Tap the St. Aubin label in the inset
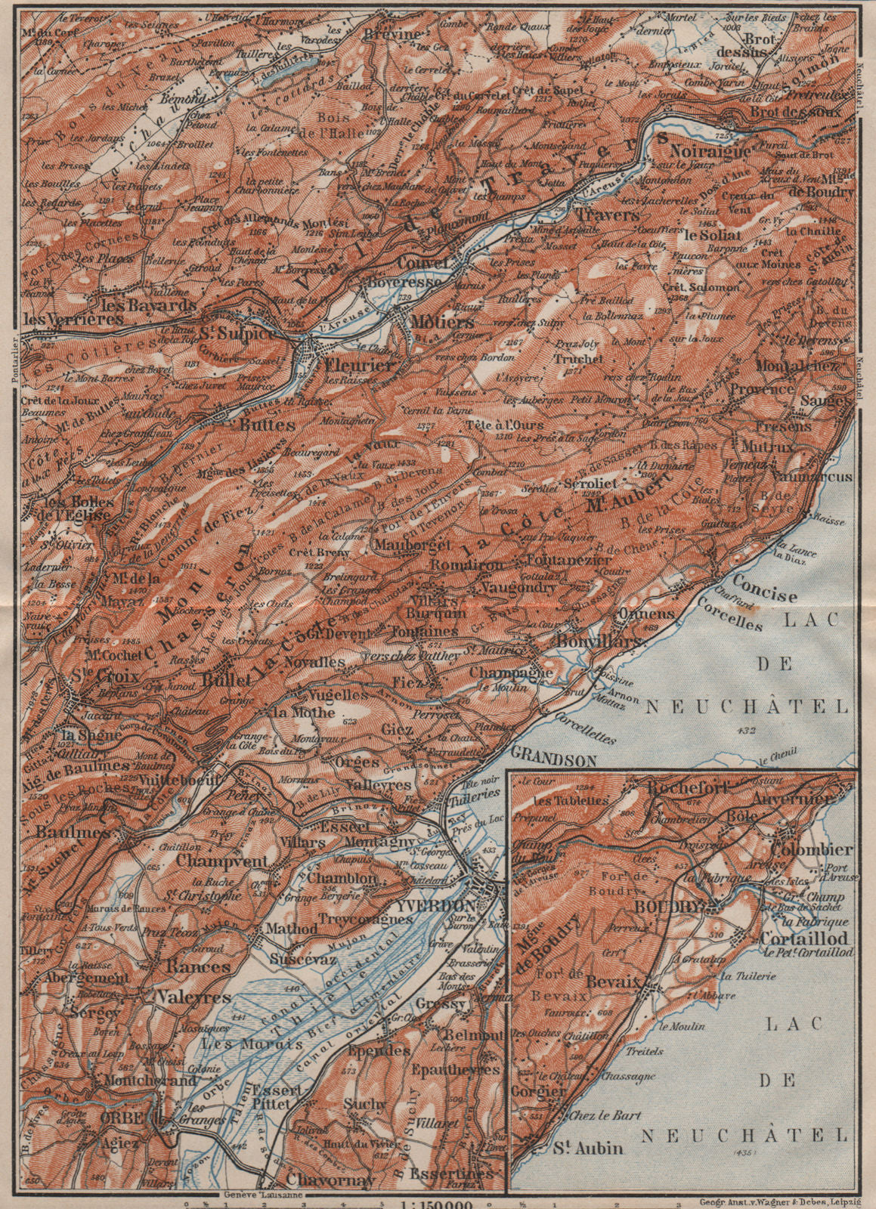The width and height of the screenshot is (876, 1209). pos(597,1148)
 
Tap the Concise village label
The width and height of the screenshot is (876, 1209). pos(765,594)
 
